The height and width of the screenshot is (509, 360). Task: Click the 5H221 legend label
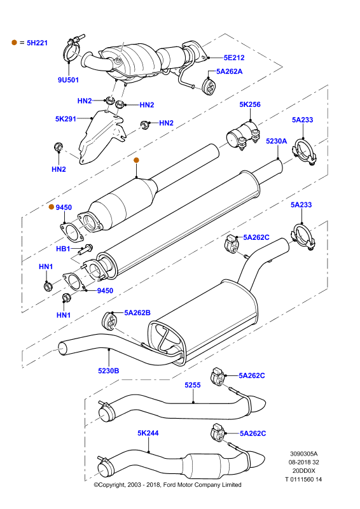pyautogui.click(x=37, y=43)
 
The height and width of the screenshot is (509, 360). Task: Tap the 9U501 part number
pyautogui.click(x=68, y=80)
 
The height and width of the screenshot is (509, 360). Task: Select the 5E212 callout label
pyautogui.click(x=234, y=57)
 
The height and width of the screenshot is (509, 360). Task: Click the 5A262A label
pyautogui.click(x=230, y=71)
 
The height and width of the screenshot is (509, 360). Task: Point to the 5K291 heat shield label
pyautogui.click(x=66, y=119)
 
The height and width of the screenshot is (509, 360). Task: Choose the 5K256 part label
pyautogui.click(x=250, y=104)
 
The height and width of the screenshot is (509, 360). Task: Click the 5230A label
pyautogui.click(x=277, y=141)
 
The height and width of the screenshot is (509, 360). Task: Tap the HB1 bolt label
pyautogui.click(x=63, y=249)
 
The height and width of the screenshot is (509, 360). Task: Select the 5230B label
pyautogui.click(x=109, y=371)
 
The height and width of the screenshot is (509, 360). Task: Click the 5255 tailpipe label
pyautogui.click(x=193, y=385)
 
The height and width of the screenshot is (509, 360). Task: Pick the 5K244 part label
pyautogui.click(x=148, y=433)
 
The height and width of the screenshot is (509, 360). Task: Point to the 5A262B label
pyautogui.click(x=137, y=312)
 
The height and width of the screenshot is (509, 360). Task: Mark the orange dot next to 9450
pyautogui.click(x=52, y=207)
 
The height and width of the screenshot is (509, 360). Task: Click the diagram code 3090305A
pyautogui.click(x=304, y=454)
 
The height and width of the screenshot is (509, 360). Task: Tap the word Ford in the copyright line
pyautogui.click(x=170, y=485)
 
